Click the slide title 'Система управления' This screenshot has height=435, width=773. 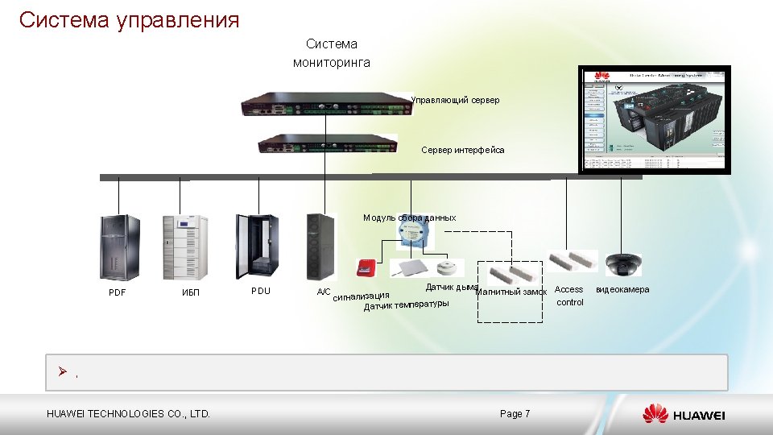[x=129, y=19]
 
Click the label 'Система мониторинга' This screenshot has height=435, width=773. [x=332, y=53]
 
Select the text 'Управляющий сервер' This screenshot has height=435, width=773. [x=455, y=100]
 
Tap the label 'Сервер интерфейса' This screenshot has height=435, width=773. [x=463, y=150]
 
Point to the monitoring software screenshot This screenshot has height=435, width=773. [x=656, y=119]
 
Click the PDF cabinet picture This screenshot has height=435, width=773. [x=118, y=246]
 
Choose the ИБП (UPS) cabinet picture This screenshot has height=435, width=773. [x=185, y=246]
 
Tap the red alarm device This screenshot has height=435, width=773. [x=366, y=267]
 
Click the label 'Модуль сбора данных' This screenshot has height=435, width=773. [x=409, y=217]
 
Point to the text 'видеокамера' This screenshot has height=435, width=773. [x=622, y=289]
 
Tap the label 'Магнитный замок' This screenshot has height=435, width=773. [x=512, y=292]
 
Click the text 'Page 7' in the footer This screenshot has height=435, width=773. [x=515, y=414]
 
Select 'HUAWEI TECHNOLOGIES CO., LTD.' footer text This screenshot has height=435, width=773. [x=129, y=414]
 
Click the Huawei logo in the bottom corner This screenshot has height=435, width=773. [x=684, y=414]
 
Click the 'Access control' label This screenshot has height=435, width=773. [x=569, y=296]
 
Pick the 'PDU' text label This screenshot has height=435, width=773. [x=260, y=290]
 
